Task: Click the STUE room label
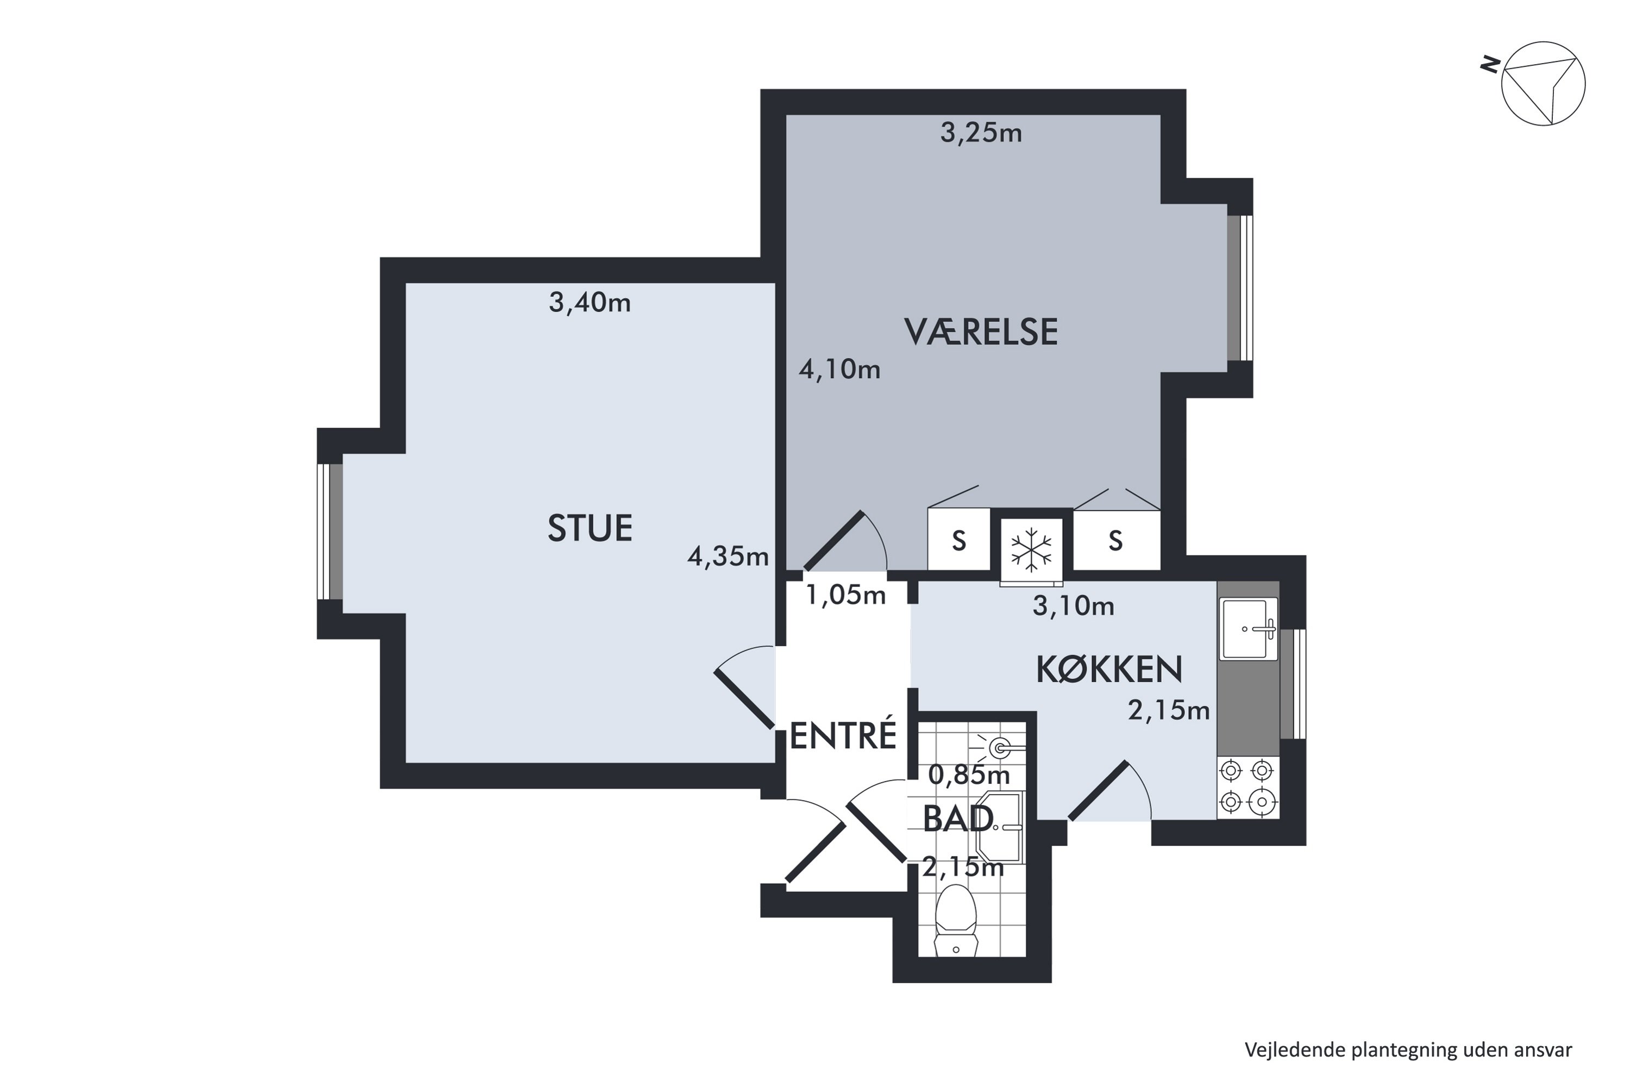coord(590,528)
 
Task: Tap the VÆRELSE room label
coord(981,332)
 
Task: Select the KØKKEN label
coord(1109,670)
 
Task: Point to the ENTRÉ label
coord(843,736)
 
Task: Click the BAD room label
coord(958,820)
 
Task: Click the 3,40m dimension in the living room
coord(590,303)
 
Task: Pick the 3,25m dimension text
coord(981,133)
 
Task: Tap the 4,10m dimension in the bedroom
coord(839,370)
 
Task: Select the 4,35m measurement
coord(728,556)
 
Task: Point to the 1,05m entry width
coord(845,595)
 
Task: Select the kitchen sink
coord(1248,629)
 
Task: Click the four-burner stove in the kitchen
coord(1247,787)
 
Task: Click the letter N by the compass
coord(1489,66)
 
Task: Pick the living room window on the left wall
coord(330,531)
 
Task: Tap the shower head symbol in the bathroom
coord(999,747)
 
